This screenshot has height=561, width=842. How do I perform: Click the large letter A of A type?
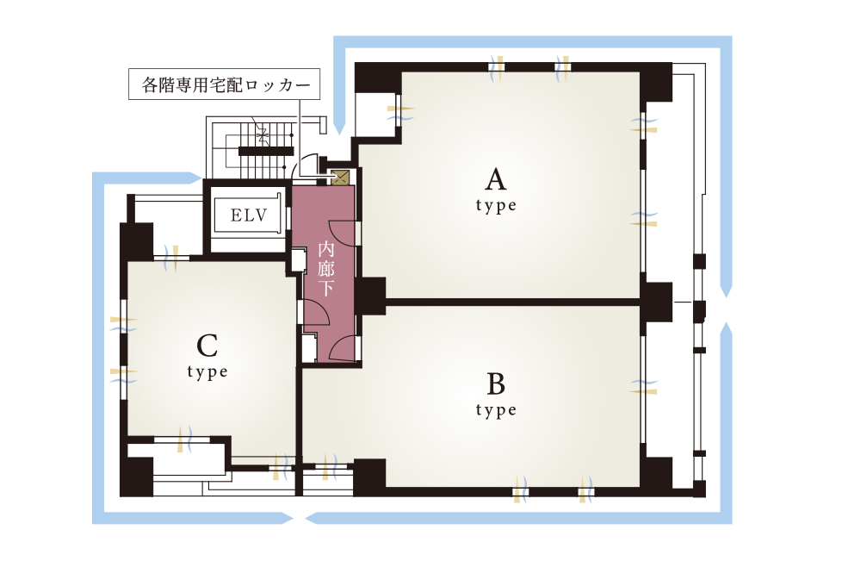[x=496, y=179]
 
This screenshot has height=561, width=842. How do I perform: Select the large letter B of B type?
[x=496, y=383]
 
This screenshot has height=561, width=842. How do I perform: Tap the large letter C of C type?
[x=207, y=346]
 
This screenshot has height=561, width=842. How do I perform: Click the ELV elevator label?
[x=249, y=215]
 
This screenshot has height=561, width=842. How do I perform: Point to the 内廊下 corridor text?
[x=326, y=269]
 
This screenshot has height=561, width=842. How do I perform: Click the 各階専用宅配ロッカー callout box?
[x=224, y=84]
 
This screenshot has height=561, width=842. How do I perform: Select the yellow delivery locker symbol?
[x=340, y=178]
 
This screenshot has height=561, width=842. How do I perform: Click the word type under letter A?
[x=496, y=206]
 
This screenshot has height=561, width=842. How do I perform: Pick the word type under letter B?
[x=496, y=410]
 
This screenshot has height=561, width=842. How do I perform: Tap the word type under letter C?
[x=207, y=372]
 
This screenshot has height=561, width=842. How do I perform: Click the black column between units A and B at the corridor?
[x=370, y=296]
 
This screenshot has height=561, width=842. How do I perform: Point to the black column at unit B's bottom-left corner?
[x=369, y=477]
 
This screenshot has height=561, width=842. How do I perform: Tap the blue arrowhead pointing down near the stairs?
[x=339, y=128]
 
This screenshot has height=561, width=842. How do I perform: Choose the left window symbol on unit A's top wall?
[x=498, y=68]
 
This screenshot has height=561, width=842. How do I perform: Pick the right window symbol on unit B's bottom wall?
[x=585, y=490]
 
